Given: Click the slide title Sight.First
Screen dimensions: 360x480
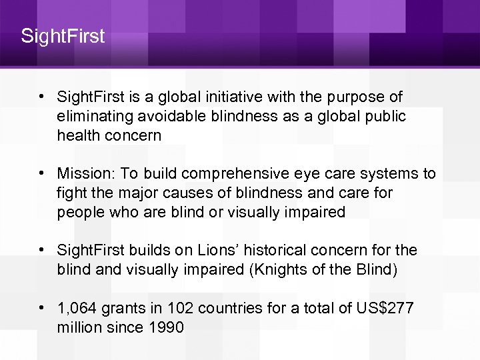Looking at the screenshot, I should coord(63,35).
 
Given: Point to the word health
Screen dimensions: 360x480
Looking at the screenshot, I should coord(77,135).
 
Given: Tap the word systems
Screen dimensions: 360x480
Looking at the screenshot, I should coord(389,174).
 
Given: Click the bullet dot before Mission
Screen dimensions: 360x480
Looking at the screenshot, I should coord(42,174).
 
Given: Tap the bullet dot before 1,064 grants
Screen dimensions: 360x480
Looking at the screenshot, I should coord(42,307).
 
